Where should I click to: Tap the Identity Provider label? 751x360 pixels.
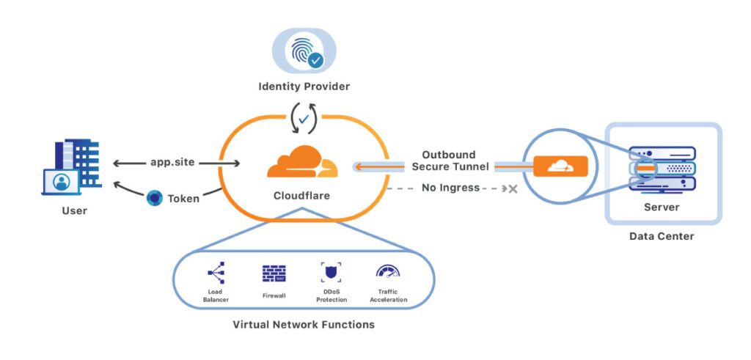[304, 87]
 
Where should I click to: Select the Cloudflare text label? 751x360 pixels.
[302, 196]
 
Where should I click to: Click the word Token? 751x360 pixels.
[183, 198]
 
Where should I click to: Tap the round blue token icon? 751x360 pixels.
[155, 198]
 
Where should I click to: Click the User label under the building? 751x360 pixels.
[74, 211]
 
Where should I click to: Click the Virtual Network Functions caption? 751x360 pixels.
[303, 324]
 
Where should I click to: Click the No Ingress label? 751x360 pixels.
[450, 188]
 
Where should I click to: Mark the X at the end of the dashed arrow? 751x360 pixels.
[513, 189]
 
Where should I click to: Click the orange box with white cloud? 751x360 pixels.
[560, 166]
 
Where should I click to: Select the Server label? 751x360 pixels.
[662, 207]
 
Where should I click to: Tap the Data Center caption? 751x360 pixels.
[662, 237]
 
